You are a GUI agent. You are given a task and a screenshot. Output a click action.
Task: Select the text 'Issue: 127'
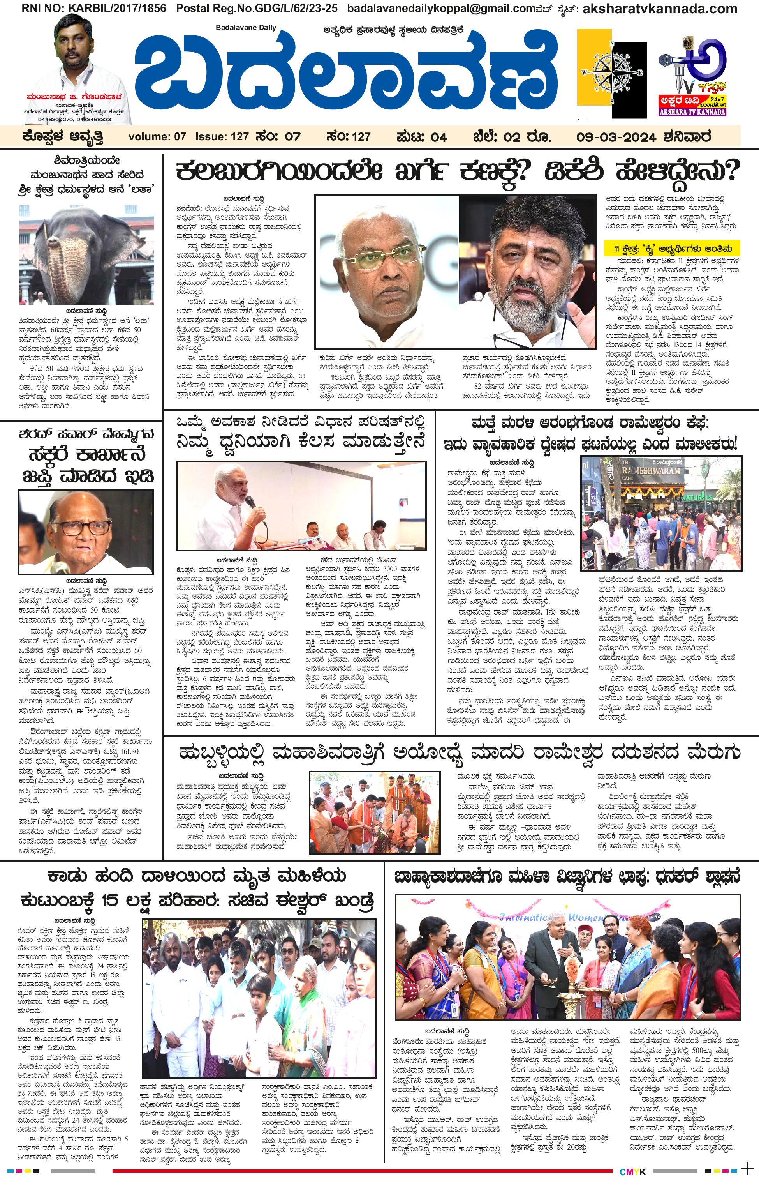tap(222, 137)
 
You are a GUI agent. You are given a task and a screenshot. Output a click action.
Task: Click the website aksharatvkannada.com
tap(653, 9)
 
